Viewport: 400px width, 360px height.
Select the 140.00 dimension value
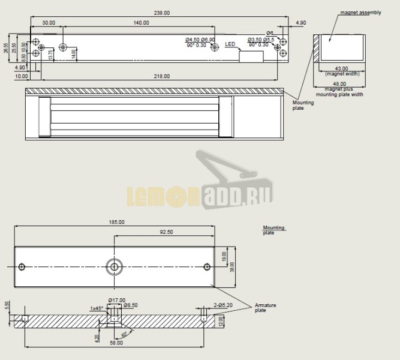point(141,23)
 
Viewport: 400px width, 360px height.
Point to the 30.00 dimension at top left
point(49,23)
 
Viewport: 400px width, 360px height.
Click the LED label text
point(230,44)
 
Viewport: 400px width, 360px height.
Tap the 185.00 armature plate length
point(117,222)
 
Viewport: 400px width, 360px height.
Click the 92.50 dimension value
point(166,232)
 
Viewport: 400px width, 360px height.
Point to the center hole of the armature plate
point(114,266)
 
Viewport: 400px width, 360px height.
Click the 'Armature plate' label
point(264,308)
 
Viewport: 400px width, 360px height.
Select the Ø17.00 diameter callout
point(116,299)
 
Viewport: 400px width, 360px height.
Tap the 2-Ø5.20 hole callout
point(223,305)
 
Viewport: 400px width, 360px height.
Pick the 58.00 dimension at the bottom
point(116,343)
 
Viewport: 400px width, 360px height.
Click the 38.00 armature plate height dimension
point(233,266)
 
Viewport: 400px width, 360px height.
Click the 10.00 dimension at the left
point(22,76)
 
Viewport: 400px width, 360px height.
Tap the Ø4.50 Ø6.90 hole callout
point(200,40)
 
